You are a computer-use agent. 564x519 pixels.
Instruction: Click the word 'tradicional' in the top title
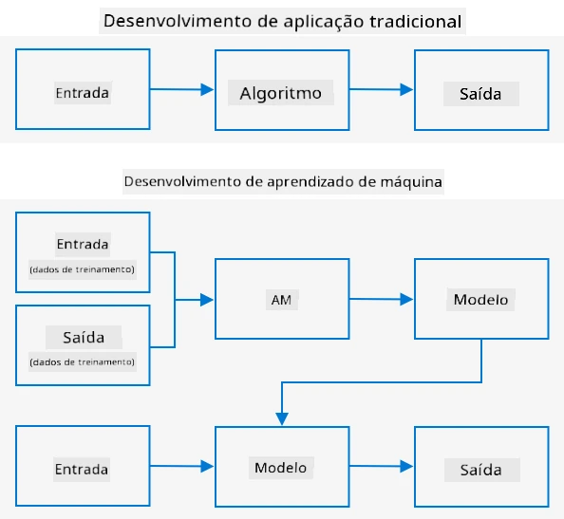click(x=416, y=21)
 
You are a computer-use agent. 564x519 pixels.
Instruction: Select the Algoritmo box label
click(x=280, y=93)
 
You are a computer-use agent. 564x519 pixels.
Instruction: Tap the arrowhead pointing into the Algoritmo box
click(x=207, y=89)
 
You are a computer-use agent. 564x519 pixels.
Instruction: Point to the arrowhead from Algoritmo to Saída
click(x=406, y=89)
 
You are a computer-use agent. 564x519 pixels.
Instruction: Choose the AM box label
click(x=281, y=300)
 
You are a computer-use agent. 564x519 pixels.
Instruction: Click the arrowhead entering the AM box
click(x=207, y=300)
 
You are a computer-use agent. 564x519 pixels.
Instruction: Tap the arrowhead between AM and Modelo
click(x=406, y=299)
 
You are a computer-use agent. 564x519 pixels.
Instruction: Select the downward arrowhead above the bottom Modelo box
click(x=282, y=419)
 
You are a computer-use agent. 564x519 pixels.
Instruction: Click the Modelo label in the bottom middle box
click(x=280, y=468)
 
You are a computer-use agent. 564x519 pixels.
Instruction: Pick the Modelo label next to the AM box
click(x=480, y=300)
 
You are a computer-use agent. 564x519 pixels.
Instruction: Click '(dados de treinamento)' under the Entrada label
click(x=83, y=269)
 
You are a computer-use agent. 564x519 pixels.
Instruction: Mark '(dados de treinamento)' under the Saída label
click(x=83, y=361)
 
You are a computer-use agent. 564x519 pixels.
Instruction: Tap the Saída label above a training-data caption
click(x=84, y=338)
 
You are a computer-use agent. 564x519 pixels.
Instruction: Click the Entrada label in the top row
click(x=83, y=93)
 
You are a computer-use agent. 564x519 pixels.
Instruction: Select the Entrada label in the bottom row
click(x=82, y=470)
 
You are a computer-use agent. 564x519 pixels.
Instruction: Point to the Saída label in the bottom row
click(x=481, y=470)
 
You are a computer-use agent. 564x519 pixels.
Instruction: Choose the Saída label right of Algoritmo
click(x=480, y=94)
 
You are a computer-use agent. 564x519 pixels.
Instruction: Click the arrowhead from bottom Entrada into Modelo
click(x=207, y=466)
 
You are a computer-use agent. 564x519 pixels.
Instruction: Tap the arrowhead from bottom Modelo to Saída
click(x=406, y=466)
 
